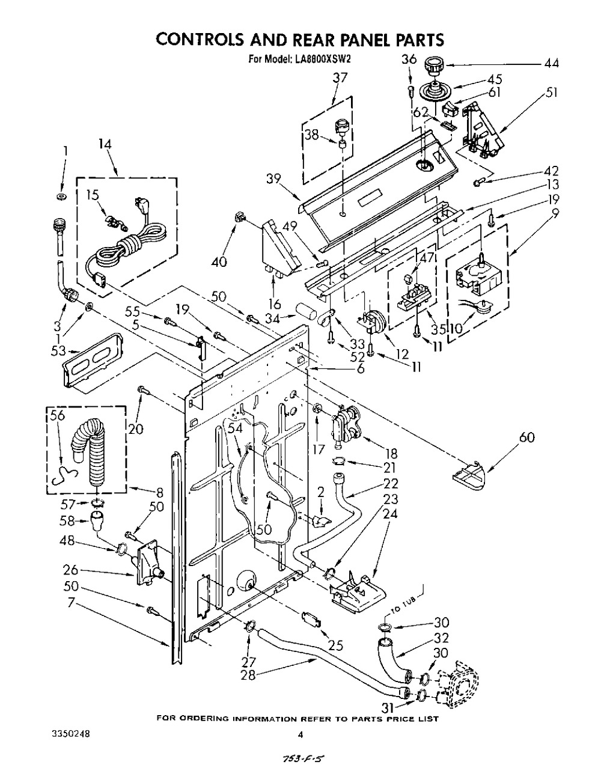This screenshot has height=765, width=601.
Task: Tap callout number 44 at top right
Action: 549,64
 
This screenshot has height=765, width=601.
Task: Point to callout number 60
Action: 526,437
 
